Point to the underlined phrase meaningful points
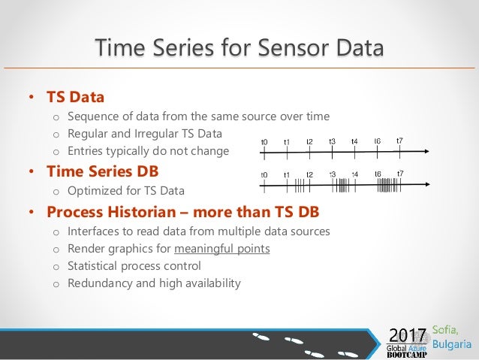222,248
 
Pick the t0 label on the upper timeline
264,142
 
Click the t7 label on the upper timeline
400,141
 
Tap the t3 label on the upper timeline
332,141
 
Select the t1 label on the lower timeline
287,175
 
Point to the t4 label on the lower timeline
354,175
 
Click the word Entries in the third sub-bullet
87,150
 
